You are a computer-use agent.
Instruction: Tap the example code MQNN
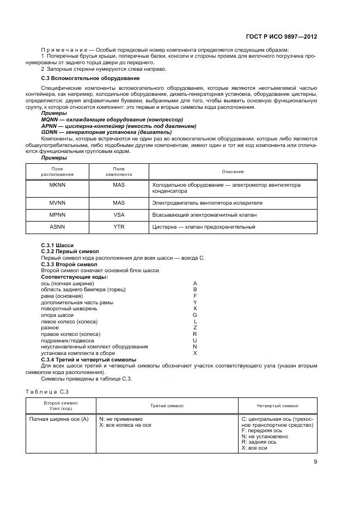click(50, 119)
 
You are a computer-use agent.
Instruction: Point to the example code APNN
click(50, 126)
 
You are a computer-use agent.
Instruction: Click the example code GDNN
click(50, 132)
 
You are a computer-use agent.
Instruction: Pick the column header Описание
click(233, 172)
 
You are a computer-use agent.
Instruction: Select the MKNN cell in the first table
click(58, 185)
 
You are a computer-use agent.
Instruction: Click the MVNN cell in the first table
click(58, 203)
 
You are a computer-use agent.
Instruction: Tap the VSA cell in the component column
click(119, 214)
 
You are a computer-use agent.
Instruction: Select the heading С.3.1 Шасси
click(57, 246)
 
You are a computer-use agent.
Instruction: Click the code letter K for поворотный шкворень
click(195, 308)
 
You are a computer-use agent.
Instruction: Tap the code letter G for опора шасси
click(195, 315)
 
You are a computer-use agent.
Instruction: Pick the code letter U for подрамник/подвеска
click(195, 340)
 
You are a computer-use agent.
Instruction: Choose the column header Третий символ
click(167, 406)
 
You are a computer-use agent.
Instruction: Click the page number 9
click(315, 462)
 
